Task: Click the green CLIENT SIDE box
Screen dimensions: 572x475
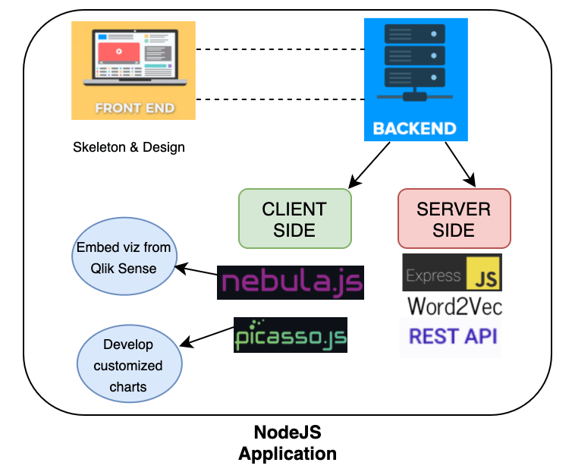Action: [x=295, y=219]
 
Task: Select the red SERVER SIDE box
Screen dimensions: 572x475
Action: [x=454, y=219]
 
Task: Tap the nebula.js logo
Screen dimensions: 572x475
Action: [x=291, y=282]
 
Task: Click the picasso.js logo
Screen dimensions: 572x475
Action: [x=291, y=335]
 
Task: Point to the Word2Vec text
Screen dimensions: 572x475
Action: [x=455, y=307]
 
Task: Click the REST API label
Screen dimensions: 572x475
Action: [x=453, y=336]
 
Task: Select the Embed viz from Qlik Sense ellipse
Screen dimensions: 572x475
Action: [x=124, y=256]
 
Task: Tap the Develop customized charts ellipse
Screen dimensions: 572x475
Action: [x=129, y=363]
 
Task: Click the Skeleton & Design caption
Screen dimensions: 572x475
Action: [x=129, y=147]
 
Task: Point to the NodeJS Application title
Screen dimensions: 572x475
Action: [x=288, y=443]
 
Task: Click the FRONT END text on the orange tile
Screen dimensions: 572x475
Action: [x=135, y=109]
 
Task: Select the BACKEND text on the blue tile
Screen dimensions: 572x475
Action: [x=415, y=129]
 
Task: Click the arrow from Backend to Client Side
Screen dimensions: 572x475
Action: [x=369, y=165]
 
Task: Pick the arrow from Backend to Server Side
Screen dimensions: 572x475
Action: [x=460, y=165]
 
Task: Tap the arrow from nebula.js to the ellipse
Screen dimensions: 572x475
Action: [x=196, y=270]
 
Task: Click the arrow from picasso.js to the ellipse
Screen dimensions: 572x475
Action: [x=206, y=337]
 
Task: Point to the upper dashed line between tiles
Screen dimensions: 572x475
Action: [x=280, y=49]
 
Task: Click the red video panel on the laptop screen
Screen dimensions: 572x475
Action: [x=119, y=52]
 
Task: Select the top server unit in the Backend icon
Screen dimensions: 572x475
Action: [x=415, y=34]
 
